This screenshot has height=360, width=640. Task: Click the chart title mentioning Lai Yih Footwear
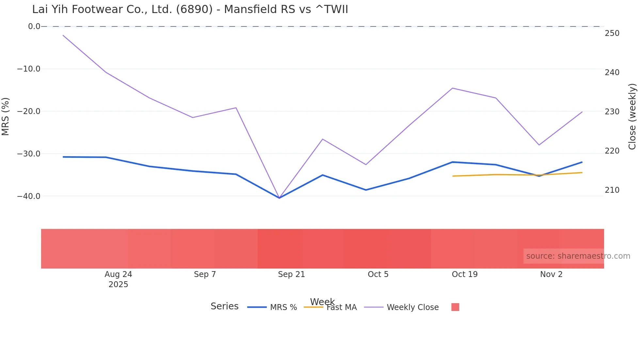coord(190,9)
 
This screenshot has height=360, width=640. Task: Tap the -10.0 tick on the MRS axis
coord(29,69)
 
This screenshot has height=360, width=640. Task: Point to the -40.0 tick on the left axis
coord(29,196)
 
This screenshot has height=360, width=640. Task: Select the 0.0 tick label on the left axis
coord(34,26)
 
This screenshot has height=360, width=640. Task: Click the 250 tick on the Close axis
coord(612,33)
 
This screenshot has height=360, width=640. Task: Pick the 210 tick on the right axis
coord(612,190)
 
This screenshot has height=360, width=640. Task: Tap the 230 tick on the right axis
coord(612,112)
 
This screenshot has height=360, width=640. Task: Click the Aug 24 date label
coord(118,274)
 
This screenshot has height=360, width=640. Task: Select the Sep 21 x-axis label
coord(291,274)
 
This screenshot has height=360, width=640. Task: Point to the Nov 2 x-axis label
coord(551,274)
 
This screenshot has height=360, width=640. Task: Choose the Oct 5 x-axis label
coord(378,274)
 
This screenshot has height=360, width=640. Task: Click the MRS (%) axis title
coord(6,116)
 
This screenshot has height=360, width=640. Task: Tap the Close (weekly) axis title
coord(632,116)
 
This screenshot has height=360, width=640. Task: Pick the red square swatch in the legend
coord(455,307)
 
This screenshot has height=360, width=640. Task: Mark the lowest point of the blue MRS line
coord(279,198)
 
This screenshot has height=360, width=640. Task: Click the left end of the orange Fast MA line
coord(453,176)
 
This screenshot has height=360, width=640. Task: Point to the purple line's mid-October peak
coord(453,88)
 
